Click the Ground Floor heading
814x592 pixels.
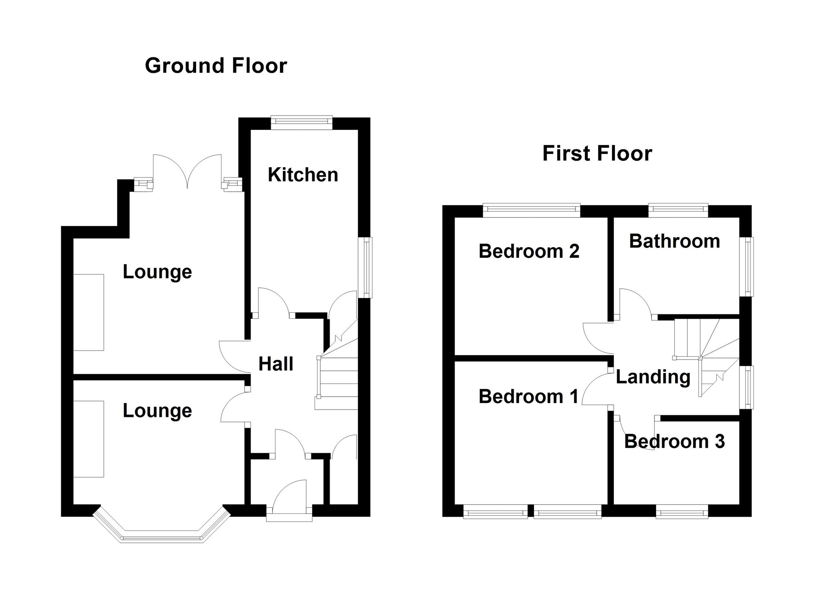[x=216, y=66]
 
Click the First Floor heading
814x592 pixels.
[x=597, y=153]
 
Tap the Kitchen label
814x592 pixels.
[x=303, y=175]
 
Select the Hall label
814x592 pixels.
[x=276, y=364]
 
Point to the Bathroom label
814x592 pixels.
[x=674, y=241]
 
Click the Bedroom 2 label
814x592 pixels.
[x=529, y=251]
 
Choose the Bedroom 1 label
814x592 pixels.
[x=528, y=396]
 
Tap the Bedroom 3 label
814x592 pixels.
[x=674, y=441]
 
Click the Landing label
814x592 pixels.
[x=653, y=377]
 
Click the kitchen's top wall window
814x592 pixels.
[x=302, y=123]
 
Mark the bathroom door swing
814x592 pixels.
[x=635, y=302]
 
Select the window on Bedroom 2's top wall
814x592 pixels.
[x=532, y=211]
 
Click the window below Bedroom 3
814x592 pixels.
[x=682, y=511]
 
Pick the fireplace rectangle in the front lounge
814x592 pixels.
[x=88, y=439]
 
